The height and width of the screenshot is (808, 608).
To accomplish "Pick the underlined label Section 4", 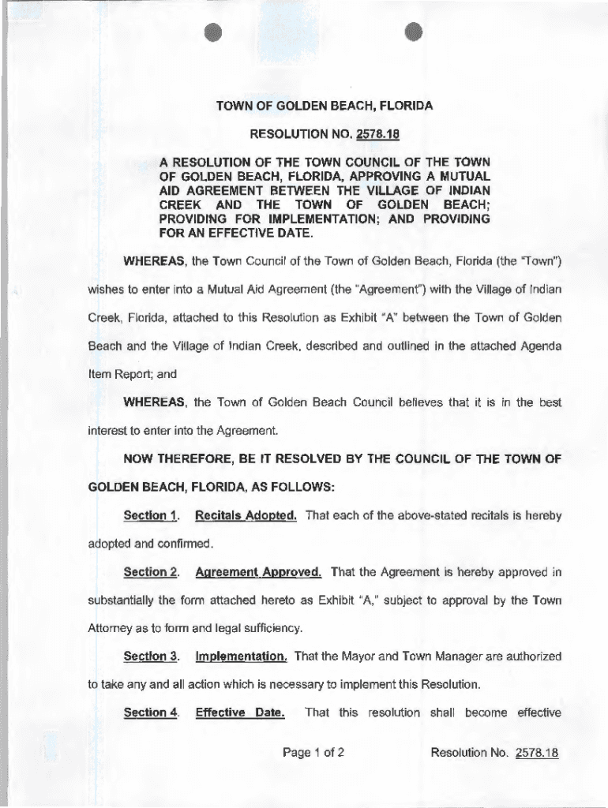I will (151, 713).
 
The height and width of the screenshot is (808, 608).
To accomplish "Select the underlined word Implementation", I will (241, 656).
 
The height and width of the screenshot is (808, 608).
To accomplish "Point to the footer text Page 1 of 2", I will (313, 753).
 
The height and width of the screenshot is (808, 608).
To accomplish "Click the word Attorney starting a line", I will (111, 628).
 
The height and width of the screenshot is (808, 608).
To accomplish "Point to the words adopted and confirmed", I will (145, 544).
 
